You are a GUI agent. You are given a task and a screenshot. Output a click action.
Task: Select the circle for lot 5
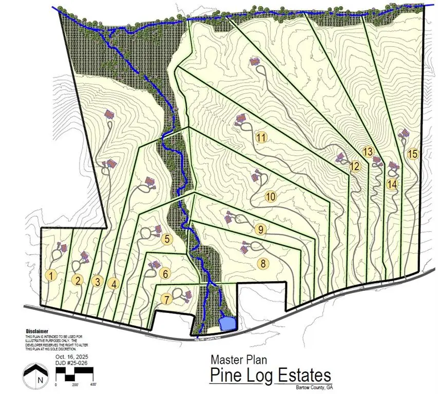coord(166,239)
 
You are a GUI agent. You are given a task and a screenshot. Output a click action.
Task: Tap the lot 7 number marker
coord(165,299)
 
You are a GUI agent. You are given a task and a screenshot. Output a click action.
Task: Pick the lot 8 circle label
coord(262,264)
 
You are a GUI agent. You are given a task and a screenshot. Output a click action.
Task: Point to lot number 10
coord(271,196)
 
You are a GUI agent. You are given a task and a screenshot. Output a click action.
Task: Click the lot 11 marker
coord(261,137)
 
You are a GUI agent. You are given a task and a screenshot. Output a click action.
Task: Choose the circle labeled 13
coord(367,152)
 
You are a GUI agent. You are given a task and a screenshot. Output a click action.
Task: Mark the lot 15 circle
coord(412,154)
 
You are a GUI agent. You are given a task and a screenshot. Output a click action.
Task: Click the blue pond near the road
coord(228,323)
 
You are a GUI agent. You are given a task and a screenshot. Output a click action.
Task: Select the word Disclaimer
coord(37,331)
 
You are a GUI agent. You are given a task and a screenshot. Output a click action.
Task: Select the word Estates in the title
coord(303,376)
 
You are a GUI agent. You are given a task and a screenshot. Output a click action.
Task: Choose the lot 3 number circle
coord(96,281)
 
